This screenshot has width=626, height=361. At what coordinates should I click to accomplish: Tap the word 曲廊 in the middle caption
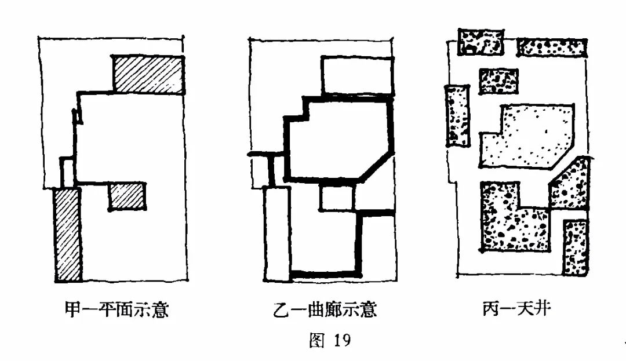pyautogui.click(x=319, y=311)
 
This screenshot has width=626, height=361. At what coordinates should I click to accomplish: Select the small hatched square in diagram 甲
pyautogui.click(x=127, y=196)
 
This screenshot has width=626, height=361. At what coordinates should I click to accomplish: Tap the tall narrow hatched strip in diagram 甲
pyautogui.click(x=68, y=234)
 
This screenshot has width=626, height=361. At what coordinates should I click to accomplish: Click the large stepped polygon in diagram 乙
pyautogui.click(x=336, y=139)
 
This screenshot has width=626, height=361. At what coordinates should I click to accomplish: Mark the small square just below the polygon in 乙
pyautogui.click(x=337, y=199)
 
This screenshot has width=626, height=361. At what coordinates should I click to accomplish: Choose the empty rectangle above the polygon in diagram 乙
pyautogui.click(x=355, y=75)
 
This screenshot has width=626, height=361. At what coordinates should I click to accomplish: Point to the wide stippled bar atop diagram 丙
pyautogui.click(x=551, y=48)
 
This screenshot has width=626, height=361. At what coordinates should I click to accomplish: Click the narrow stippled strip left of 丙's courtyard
pyautogui.click(x=458, y=115)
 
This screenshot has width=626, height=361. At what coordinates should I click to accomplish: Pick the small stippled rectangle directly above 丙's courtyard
pyautogui.click(x=498, y=81)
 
